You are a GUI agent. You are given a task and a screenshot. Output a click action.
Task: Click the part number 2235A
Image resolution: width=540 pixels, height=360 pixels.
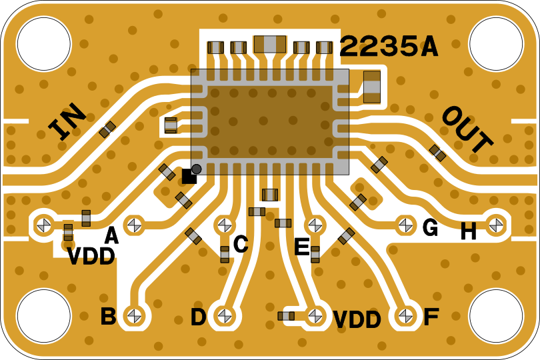(388, 47)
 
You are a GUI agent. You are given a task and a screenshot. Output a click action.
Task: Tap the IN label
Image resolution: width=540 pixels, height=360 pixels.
(67, 121)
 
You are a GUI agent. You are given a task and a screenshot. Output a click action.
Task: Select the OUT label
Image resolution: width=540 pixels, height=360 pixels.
(467, 129)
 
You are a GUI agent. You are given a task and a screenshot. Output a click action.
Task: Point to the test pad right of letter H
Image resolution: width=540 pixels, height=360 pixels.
(495, 225)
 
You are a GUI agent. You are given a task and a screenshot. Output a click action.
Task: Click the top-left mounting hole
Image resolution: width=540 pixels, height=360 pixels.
(43, 43)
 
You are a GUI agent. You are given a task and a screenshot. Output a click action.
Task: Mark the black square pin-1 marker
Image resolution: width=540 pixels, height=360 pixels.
(189, 176)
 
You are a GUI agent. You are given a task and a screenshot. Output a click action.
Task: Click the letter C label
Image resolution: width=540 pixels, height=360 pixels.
(241, 245)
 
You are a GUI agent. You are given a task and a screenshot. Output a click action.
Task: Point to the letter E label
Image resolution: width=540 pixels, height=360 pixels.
(301, 248)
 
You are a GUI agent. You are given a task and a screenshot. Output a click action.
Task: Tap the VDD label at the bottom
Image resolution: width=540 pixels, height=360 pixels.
(357, 320)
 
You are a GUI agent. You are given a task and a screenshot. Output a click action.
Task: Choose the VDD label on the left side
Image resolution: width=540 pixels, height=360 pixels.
(91, 257)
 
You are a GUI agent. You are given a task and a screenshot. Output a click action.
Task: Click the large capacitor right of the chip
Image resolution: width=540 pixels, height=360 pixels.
(371, 87)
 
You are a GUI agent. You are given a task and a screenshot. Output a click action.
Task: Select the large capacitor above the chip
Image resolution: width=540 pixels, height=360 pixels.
(269, 45)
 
